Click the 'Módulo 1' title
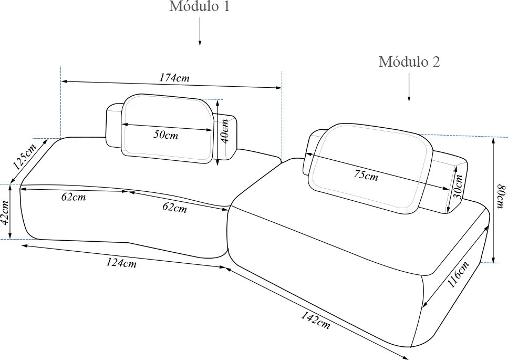[199, 6]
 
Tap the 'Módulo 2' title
[409, 61]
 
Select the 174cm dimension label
[174, 78]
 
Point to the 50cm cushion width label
[165, 135]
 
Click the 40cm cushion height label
[224, 131]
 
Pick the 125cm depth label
[25, 157]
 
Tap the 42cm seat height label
[5, 212]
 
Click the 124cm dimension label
[121, 263]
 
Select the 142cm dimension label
[315, 320]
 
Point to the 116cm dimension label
[458, 274]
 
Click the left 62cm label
[74, 197]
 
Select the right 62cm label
[174, 207]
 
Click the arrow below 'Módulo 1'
[200, 31]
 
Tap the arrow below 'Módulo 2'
[409, 87]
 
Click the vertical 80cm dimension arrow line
[493, 200]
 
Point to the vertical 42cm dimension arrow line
[11, 212]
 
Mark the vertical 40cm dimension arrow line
[217, 132]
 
